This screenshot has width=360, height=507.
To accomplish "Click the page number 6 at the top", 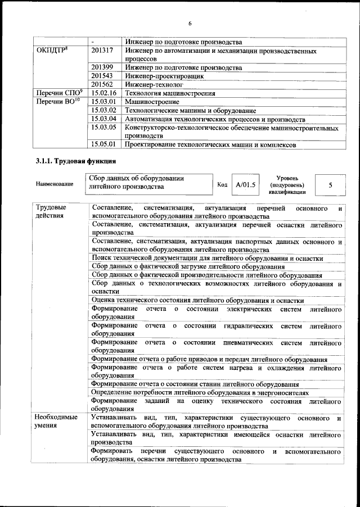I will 190,24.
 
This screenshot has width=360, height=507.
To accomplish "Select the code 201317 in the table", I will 102,51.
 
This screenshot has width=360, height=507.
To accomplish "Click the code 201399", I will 102,67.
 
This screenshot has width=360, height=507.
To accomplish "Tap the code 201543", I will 102,75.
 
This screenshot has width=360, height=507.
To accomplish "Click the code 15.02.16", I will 103,93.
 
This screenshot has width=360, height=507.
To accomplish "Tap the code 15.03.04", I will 103,119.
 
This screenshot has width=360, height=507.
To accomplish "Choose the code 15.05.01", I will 103,144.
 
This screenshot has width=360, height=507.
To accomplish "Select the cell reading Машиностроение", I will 152,102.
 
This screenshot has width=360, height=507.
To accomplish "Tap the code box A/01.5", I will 245,184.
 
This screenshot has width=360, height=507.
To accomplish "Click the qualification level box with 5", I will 330,184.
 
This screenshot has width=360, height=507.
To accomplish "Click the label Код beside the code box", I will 222,184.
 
